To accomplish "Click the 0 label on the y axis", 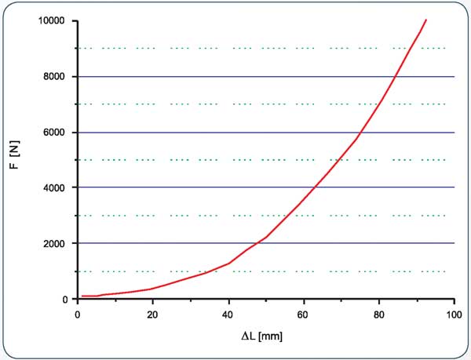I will tap(66, 300).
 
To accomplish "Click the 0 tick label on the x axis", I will tap(77, 315).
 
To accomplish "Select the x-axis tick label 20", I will tap(152, 315).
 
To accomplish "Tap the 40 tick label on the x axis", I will tap(228, 315).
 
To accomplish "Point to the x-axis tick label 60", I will tap(303, 315).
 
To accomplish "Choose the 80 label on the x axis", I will tap(378, 315).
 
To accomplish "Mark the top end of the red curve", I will tap(425, 20).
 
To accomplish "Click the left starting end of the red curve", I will tap(82, 296).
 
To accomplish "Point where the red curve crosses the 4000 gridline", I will tap(316, 187).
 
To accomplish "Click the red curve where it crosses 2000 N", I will tap(260, 243).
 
